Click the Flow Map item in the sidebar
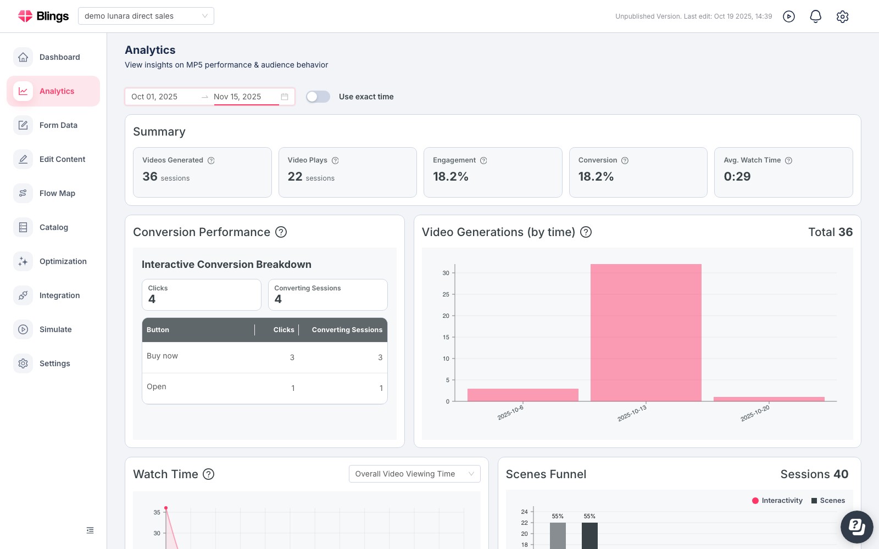coord(53,193)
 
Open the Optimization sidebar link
coord(53,261)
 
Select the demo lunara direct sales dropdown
coord(146,16)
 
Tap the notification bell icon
coord(815,16)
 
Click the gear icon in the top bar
coord(842,16)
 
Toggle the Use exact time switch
coord(318,97)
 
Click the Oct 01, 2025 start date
coord(154,97)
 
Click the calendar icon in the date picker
coord(285,97)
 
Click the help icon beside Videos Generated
coord(211,160)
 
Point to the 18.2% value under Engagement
coord(450,176)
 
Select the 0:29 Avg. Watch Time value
coord(737,176)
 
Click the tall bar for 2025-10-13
coord(646,333)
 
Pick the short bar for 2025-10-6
coord(522,395)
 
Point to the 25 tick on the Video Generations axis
coord(446,294)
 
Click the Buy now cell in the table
coord(162,356)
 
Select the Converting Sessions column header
coord(347,330)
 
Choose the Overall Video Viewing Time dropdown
coord(414,474)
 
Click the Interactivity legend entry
coord(777,500)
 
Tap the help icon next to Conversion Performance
coord(281,232)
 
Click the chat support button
coord(856,526)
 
